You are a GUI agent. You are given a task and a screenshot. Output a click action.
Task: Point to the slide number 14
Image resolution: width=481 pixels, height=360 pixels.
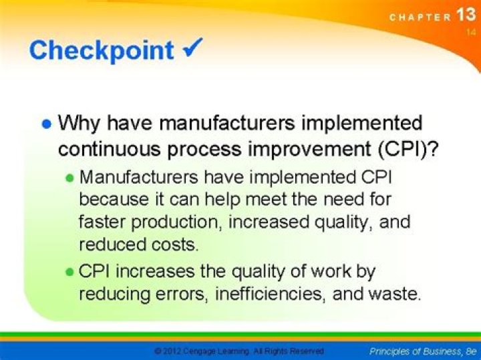471,31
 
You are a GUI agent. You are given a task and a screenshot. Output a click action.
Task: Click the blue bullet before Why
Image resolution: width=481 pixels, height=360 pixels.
46,124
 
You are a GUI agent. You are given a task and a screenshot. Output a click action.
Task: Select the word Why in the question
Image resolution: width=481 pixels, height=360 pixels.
78,124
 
